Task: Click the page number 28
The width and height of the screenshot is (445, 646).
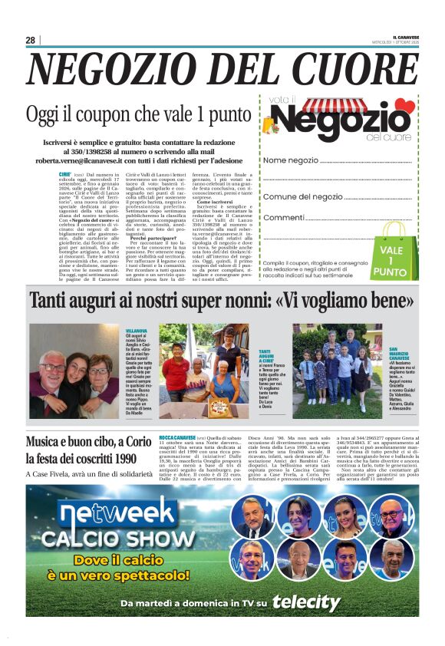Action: pyautogui.click(x=31, y=40)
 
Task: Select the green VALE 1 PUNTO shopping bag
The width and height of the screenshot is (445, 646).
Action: pyautogui.click(x=393, y=254)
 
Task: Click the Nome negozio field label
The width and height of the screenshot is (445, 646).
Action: pyautogui.click(x=291, y=160)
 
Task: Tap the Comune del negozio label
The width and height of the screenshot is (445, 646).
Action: pyautogui.click(x=303, y=197)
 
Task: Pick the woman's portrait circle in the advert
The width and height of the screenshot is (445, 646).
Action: pyautogui.click(x=345, y=516)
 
